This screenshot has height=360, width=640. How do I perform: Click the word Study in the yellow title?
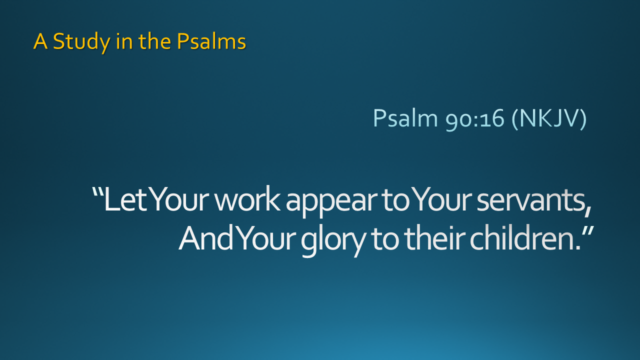[x=81, y=42]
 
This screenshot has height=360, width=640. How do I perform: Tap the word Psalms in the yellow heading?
[x=211, y=41]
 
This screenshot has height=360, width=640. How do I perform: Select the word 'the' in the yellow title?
[x=155, y=41]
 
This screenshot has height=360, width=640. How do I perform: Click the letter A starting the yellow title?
[x=40, y=41]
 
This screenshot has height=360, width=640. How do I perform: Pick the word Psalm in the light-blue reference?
[x=405, y=118]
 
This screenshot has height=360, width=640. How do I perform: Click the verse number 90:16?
[x=475, y=119]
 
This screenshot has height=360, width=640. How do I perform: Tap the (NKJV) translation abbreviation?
[x=549, y=118]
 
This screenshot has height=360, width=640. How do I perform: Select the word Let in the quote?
[x=125, y=199]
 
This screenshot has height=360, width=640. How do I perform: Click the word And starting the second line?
[x=206, y=238]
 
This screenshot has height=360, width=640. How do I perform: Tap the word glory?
[x=333, y=241]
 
